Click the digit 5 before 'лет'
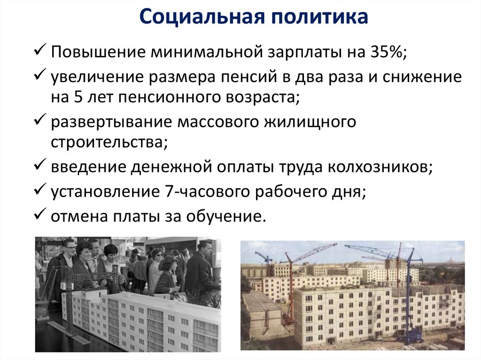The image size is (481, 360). tap(78, 98)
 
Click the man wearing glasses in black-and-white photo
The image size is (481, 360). tap(67, 263)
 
